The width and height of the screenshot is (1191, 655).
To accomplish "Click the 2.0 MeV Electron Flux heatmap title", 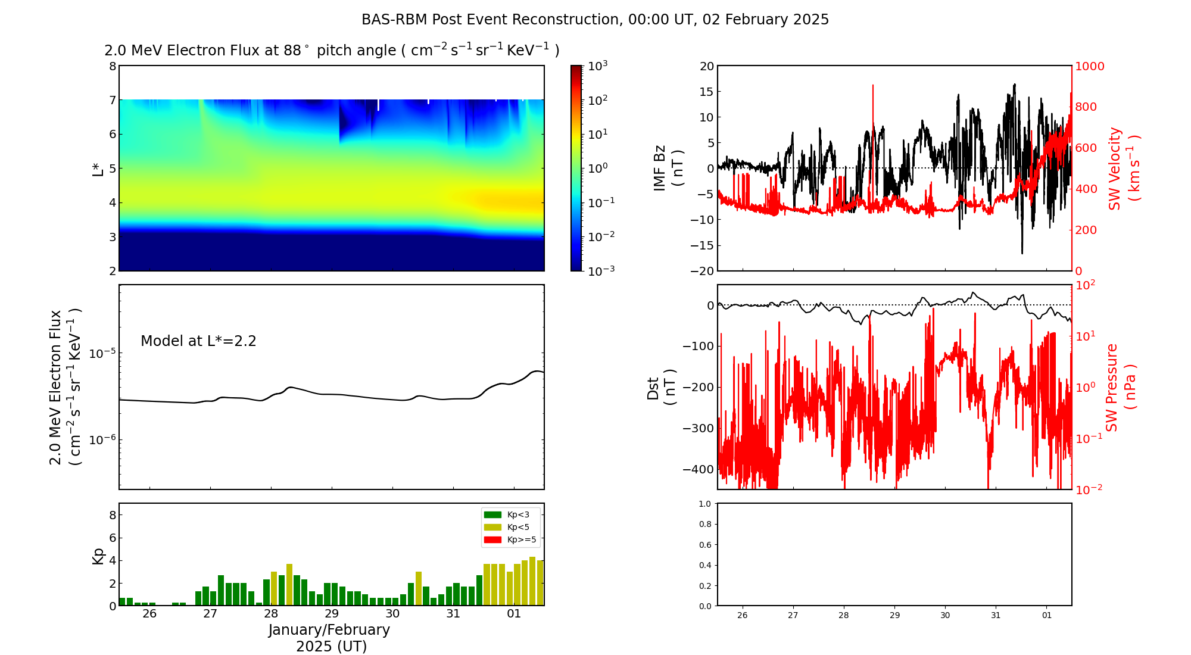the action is pos(332,51).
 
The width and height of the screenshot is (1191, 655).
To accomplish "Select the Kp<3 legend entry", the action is pos(506,514).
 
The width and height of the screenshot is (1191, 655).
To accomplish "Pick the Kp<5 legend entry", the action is pos(506,527).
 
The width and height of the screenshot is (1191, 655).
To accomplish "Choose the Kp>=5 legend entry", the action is pos(510,540).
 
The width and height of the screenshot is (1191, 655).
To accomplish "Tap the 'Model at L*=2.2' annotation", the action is pos(198,341).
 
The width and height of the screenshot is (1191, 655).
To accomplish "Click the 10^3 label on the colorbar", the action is pos(597,65).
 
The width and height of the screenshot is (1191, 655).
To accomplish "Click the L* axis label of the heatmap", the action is pos(98,168).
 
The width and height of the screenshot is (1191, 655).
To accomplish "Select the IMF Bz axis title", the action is pos(669,168).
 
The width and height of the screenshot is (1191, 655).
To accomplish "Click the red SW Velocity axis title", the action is pos(1123,168).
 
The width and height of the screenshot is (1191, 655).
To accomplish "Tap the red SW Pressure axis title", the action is pos(1121,387).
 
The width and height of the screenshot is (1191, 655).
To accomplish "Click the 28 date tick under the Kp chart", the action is pos(271,614).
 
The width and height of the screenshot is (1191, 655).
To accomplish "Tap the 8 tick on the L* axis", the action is pos(113,66).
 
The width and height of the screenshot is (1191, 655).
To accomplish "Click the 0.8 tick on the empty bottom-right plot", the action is pos(705,524).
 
